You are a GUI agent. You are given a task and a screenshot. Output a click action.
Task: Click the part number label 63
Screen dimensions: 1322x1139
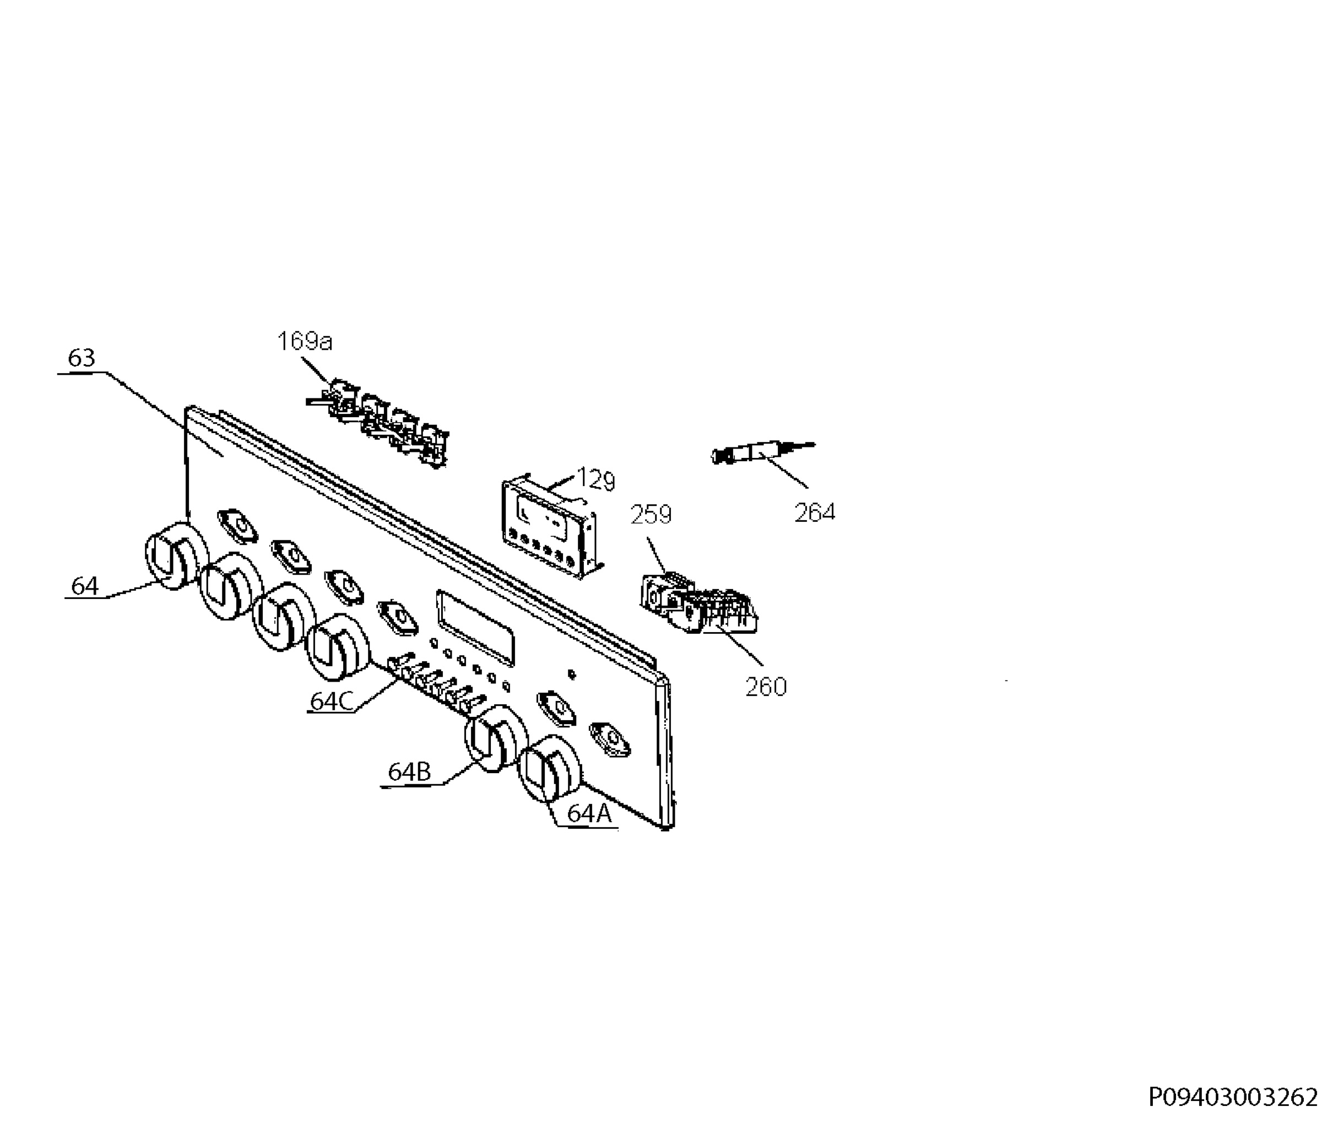[x=81, y=358]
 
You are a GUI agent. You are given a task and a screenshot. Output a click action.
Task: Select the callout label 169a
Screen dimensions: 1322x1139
[x=305, y=342]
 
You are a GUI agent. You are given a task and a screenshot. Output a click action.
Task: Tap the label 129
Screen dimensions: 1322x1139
[x=596, y=480]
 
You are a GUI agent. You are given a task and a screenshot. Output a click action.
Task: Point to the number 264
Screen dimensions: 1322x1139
[x=815, y=512]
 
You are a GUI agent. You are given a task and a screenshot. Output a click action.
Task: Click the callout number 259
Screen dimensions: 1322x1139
[x=651, y=514]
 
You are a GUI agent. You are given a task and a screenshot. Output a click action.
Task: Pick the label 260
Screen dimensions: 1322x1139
[x=766, y=687]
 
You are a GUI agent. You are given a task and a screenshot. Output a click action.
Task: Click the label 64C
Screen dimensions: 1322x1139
[x=331, y=701]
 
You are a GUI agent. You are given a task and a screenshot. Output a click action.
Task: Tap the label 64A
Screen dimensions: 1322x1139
[x=589, y=813]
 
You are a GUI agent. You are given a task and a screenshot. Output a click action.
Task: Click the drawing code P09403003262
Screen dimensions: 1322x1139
[x=1233, y=1098]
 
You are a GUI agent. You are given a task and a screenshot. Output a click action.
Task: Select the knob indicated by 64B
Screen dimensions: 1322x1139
[x=496, y=738]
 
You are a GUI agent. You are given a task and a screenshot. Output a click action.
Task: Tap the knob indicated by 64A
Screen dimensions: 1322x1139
[x=549, y=768]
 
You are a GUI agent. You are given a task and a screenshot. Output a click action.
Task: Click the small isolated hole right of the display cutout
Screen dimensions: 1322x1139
[x=572, y=674]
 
